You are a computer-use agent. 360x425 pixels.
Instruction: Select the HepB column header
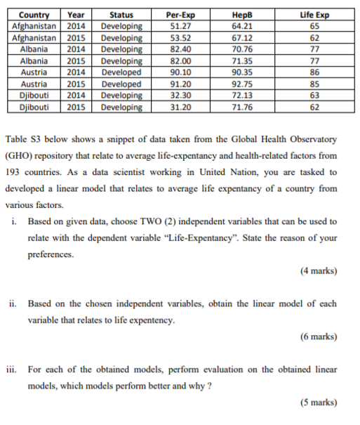(245, 15)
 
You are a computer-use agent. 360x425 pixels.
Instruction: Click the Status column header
(121, 15)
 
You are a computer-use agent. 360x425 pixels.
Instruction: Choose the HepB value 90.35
(245, 72)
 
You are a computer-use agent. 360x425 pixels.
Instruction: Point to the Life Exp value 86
(314, 72)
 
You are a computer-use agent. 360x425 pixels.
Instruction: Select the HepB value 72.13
(245, 96)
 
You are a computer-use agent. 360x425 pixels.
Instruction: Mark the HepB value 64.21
(245, 26)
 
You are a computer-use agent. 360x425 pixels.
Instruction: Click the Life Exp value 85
(314, 84)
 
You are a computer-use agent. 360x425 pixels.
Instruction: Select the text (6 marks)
(317, 336)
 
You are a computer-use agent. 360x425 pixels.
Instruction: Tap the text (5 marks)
(317, 403)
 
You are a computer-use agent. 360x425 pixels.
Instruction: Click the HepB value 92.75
(245, 84)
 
